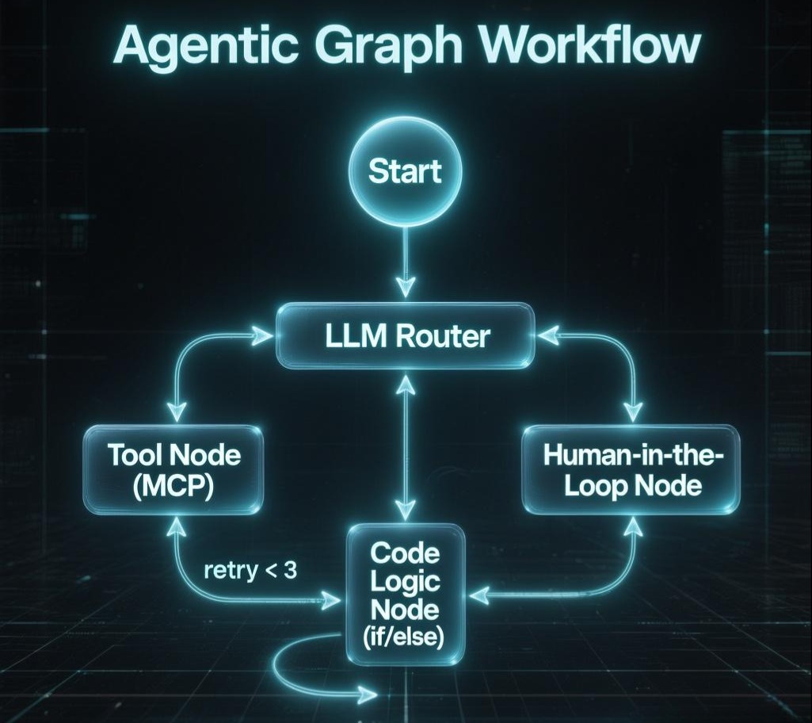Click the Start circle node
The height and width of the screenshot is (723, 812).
pyautogui.click(x=406, y=172)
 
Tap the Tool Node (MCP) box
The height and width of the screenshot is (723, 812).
pyautogui.click(x=174, y=470)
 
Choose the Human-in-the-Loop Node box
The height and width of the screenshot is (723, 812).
pyautogui.click(x=631, y=470)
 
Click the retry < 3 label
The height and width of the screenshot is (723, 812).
pyautogui.click(x=250, y=570)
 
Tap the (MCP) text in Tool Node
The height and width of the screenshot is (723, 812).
pyautogui.click(x=174, y=484)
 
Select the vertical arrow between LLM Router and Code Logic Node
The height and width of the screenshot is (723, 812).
pyautogui.click(x=406, y=444)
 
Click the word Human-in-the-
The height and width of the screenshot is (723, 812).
pyautogui.click(x=631, y=456)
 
